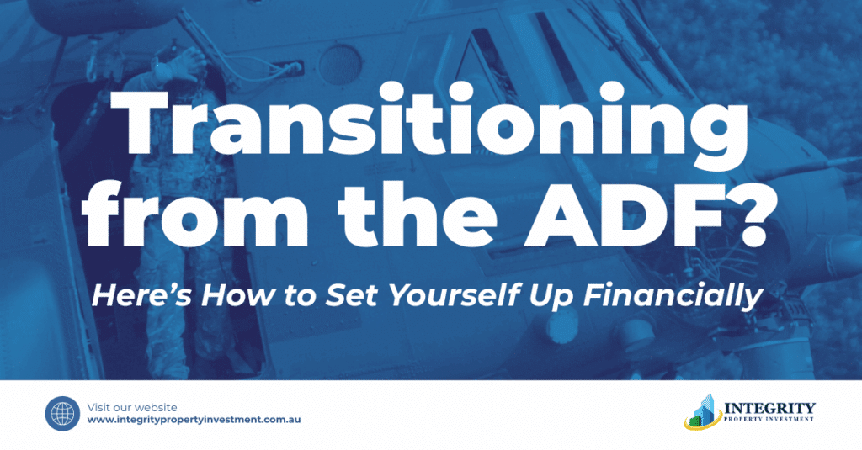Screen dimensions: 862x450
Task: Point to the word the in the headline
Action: coord(418,211)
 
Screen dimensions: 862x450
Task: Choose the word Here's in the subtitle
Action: coord(141,295)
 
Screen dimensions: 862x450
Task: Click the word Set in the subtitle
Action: coord(354,295)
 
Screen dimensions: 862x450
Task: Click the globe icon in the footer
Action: coord(62,414)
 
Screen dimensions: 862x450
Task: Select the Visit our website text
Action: coord(132,407)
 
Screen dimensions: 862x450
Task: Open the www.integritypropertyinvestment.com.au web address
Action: coord(194,420)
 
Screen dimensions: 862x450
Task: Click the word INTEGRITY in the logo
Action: coord(769,408)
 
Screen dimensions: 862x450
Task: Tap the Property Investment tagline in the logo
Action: coord(769,419)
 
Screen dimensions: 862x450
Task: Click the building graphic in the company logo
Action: coord(703,411)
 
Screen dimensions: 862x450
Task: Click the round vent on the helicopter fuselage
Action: coord(340,66)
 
